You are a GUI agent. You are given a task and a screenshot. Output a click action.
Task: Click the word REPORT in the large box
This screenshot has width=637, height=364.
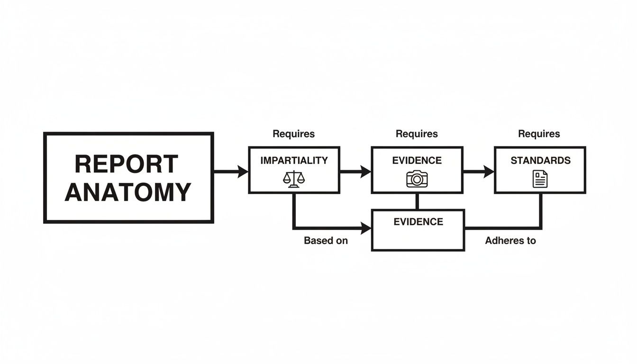(x=127, y=164)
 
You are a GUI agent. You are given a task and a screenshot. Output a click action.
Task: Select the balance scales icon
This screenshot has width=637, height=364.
(x=294, y=179)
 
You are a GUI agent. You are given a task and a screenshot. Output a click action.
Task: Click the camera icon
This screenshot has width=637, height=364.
(x=417, y=179)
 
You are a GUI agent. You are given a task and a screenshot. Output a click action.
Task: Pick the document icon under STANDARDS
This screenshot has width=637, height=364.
(x=540, y=179)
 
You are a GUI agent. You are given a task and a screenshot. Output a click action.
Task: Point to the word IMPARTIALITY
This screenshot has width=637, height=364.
(x=294, y=161)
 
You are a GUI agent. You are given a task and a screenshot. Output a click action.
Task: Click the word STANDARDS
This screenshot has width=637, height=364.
(x=540, y=161)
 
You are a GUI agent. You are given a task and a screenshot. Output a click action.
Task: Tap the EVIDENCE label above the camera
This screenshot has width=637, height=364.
(x=417, y=161)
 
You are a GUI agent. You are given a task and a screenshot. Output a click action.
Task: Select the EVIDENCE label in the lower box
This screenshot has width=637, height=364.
(x=418, y=222)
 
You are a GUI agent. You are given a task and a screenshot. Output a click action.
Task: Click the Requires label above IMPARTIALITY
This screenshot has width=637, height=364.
(x=294, y=134)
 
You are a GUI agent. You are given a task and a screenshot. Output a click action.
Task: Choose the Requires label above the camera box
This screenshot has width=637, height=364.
(x=417, y=134)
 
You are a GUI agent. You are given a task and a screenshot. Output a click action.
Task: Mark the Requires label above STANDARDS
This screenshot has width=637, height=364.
(x=539, y=134)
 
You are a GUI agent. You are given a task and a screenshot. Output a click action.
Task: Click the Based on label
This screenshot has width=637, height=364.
(x=326, y=241)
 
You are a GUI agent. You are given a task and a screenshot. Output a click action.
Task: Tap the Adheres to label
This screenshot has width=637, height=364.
(x=510, y=241)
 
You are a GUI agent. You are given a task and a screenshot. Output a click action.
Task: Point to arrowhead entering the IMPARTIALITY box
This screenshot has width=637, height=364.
(x=243, y=171)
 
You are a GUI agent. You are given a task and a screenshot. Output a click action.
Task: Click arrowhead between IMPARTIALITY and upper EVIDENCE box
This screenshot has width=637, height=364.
(x=366, y=171)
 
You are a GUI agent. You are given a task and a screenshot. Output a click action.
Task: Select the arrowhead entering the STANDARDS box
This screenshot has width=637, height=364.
(x=489, y=171)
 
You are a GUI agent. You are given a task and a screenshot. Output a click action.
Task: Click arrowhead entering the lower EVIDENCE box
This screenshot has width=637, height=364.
(x=366, y=229)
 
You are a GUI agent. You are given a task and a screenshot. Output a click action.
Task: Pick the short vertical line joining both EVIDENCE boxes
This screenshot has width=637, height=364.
(x=417, y=201)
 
